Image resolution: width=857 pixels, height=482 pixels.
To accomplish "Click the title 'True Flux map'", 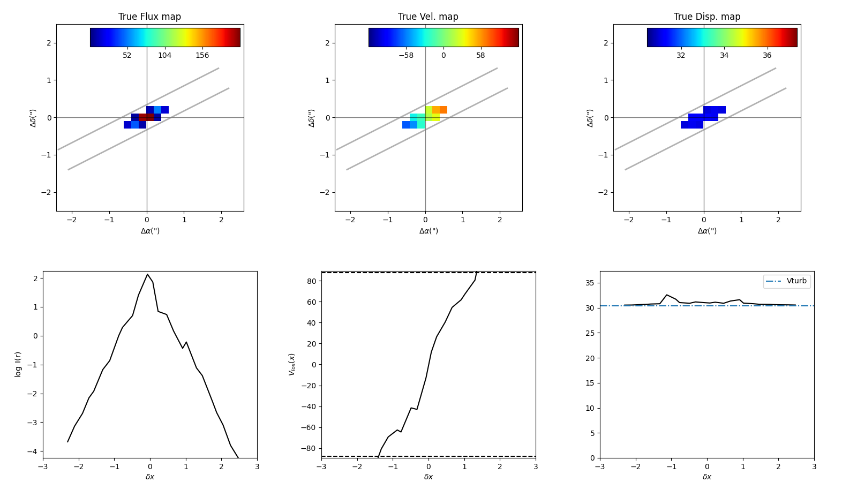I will tap(149, 17).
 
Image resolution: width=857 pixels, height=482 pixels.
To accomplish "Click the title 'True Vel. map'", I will tap(428, 17).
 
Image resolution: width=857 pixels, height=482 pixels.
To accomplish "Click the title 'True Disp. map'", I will tap(706, 17).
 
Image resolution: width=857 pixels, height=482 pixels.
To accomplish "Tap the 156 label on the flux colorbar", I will tap(202, 55).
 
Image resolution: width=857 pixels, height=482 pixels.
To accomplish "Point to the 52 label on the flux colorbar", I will tap(127, 55).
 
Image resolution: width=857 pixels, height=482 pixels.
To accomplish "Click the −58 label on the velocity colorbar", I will tap(405, 55).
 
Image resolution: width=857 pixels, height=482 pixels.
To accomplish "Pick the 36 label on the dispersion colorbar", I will tap(767, 55).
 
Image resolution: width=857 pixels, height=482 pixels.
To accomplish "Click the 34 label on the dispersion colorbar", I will tap(724, 55).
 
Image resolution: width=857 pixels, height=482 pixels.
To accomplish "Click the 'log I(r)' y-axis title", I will tap(18, 364).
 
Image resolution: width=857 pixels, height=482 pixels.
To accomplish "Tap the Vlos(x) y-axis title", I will tap(292, 364).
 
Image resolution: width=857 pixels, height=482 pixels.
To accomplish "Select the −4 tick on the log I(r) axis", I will tap(34, 451).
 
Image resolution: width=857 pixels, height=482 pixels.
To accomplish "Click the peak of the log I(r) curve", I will tap(147, 274).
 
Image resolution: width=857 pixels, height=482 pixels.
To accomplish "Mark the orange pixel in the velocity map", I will tap(443, 110).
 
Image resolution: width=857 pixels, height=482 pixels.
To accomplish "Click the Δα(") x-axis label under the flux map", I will tap(150, 231).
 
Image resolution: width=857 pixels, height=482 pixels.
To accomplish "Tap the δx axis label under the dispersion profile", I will tap(707, 477).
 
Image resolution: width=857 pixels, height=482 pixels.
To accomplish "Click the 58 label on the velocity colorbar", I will tap(480, 55).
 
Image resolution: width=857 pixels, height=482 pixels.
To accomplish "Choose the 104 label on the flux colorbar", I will tap(164, 55).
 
